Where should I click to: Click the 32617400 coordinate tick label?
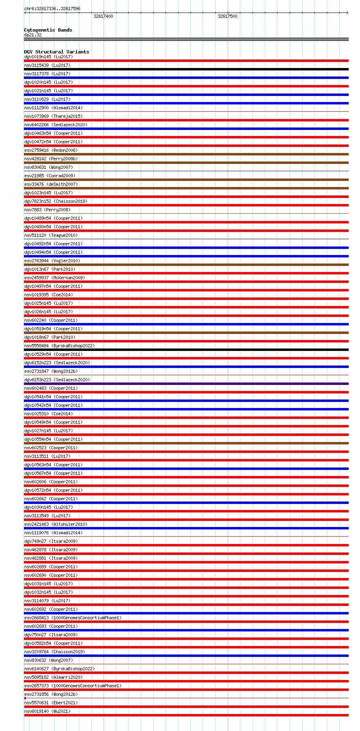point(103,16)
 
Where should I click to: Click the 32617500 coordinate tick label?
point(227,16)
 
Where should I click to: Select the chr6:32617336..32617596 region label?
point(52,8)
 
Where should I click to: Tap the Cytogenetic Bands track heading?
point(48,30)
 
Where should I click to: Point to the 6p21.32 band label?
point(33,35)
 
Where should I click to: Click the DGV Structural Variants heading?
point(57,52)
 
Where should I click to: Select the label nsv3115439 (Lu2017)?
point(47,65)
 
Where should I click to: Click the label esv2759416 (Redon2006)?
point(51,150)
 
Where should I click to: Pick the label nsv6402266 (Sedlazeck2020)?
point(56,125)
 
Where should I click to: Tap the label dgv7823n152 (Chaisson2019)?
point(56,201)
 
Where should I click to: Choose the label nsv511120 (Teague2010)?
point(51,235)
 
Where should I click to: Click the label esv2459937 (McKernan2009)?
point(55,278)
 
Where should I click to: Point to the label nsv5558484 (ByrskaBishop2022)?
point(59,346)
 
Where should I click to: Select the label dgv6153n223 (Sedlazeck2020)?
point(57,380)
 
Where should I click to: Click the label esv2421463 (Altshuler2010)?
point(56,524)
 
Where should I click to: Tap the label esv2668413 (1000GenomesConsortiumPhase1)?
point(73,618)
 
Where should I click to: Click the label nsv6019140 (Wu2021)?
point(47,711)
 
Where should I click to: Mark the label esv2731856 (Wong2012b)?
point(51,694)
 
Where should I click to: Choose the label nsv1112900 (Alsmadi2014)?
point(53,108)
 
